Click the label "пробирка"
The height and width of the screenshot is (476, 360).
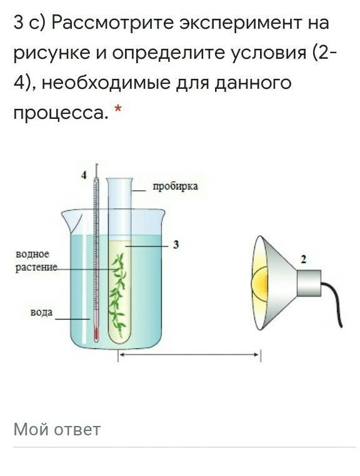175,186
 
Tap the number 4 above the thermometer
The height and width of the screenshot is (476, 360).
84,175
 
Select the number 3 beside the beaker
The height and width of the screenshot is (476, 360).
176,245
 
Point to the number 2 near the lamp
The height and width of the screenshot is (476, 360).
303,259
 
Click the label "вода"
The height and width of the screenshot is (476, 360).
41,312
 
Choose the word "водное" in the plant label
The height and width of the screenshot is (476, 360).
32,254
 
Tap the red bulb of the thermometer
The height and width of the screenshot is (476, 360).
96,333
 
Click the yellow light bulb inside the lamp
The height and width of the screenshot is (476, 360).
260,283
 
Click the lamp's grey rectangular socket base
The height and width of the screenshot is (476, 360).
309,283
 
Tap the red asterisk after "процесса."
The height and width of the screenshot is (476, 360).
117,109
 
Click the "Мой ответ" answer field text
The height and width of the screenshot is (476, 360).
57,430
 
